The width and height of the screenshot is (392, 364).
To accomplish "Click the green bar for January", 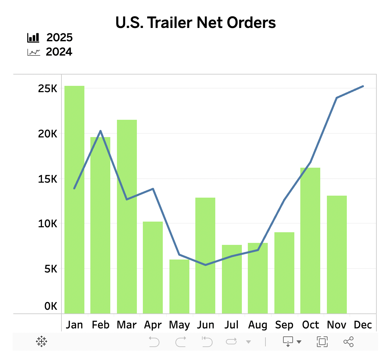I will (74, 200).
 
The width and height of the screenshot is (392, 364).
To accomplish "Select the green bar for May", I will (179, 286).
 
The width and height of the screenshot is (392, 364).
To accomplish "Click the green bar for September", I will (284, 273).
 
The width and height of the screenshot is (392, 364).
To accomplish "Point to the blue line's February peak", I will (101, 131).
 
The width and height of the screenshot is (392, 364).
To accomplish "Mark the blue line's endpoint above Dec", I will (363, 86).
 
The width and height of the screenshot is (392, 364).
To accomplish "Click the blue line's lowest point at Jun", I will (205, 265).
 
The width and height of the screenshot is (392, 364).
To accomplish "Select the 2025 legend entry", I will (50, 38).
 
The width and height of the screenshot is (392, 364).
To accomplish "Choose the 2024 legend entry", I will (50, 52).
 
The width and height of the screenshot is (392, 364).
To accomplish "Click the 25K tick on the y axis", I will (48, 89).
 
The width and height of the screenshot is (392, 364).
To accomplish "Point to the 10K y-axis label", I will (48, 224).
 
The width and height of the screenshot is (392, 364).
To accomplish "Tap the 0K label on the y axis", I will (51, 306).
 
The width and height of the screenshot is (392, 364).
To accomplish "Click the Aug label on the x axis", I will (258, 325).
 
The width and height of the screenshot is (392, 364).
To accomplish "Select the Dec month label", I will (363, 325).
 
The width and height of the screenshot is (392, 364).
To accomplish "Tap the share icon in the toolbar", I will (348, 342).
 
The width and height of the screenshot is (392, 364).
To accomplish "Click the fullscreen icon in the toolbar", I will (322, 342).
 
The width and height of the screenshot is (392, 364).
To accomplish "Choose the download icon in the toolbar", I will (288, 342).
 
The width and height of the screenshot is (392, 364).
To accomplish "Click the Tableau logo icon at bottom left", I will (42, 342).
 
